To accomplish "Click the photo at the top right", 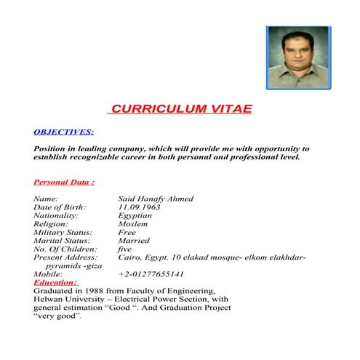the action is coord(297,58).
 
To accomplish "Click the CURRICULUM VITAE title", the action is coord(180,109).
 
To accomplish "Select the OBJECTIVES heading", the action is coord(63,132).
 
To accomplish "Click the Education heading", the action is coord(55,282).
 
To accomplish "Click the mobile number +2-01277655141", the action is coord(151,274).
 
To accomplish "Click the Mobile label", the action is coord(48,274).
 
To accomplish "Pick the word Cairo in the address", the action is coord(129,257).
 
